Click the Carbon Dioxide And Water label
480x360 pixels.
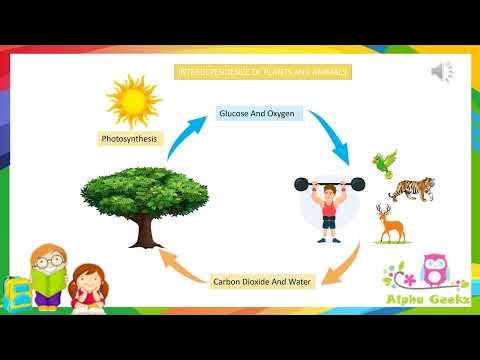click(263, 281)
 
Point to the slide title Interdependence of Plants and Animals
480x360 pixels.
click(264, 73)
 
